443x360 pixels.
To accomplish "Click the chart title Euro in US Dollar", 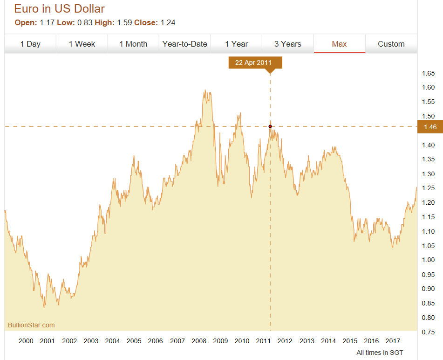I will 59,8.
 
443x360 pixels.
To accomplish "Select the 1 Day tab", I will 30,44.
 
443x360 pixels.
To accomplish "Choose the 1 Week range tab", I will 82,44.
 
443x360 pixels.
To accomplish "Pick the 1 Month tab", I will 133,44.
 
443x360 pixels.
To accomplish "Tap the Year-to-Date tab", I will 184,44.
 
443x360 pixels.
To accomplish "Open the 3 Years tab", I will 287,44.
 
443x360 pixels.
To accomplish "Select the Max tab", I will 339,44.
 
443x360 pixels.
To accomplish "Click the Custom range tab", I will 391,44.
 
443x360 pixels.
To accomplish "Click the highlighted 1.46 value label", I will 430,126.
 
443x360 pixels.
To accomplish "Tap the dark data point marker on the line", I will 270,126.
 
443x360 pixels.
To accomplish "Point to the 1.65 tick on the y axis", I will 428,73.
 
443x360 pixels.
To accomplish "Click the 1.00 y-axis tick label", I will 428,260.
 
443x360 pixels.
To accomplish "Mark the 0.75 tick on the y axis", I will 428,332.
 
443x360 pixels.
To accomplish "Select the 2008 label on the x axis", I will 199,341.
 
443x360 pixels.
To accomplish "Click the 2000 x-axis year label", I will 26,341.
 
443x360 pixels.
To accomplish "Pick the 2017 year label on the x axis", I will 393,341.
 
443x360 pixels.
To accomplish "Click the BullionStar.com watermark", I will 31,325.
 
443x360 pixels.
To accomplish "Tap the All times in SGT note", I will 380,353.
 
